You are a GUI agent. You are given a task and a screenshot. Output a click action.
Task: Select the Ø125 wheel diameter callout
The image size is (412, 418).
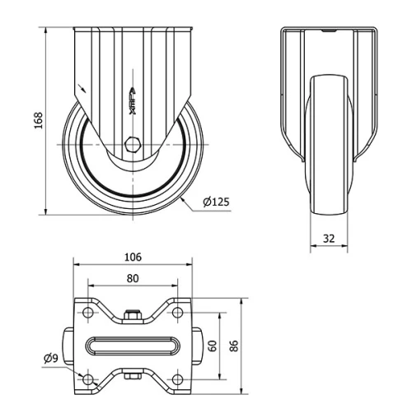click(x=214, y=202)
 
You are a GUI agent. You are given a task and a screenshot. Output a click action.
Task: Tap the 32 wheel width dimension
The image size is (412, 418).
click(x=329, y=239)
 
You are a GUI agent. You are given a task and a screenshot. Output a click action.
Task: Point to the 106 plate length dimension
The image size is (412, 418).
click(x=132, y=257)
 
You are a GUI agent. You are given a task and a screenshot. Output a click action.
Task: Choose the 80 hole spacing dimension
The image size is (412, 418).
click(x=132, y=278)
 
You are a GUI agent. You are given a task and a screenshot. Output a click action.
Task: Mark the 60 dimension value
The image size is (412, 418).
click(x=212, y=346)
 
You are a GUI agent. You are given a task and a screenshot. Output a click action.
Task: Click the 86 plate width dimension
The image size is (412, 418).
click(x=233, y=346)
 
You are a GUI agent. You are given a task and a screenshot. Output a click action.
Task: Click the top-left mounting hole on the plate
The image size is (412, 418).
click(x=87, y=313)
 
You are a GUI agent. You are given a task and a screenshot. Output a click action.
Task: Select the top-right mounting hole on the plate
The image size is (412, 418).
click(x=177, y=313)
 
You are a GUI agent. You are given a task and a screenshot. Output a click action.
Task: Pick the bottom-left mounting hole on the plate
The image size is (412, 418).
click(x=87, y=378)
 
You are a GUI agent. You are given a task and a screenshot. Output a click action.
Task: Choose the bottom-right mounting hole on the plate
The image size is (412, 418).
click(x=177, y=378)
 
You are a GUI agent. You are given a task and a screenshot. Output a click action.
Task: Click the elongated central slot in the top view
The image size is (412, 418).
click(x=132, y=346)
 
